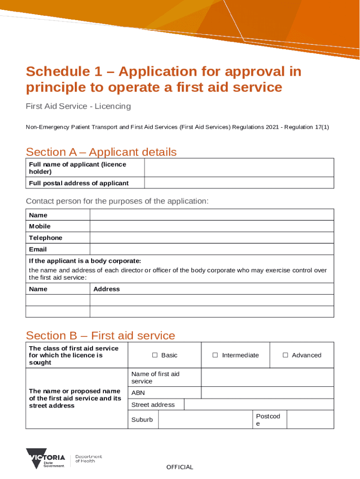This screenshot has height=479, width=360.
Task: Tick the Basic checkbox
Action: tap(155, 356)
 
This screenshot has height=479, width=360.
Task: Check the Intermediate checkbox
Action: tap(215, 356)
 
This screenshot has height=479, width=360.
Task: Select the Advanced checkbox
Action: tap(285, 356)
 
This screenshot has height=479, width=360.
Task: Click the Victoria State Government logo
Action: tap(45, 458)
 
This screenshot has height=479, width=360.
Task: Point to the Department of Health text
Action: tap(88, 458)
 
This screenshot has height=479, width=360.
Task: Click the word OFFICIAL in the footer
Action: tap(180, 467)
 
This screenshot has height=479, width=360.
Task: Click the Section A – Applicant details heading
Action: tap(101, 152)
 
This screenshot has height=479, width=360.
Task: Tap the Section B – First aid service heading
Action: tap(101, 335)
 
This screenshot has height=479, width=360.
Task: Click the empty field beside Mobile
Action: tap(211, 226)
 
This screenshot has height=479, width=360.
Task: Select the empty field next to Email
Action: tap(211, 249)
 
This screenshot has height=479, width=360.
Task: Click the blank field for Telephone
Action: tap(211, 238)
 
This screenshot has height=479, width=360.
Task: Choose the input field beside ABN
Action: tap(267, 393)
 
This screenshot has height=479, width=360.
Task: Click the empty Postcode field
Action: tap(310, 420)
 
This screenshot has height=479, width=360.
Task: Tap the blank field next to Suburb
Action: tap(205, 420)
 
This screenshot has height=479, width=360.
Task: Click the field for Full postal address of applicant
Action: tap(239, 183)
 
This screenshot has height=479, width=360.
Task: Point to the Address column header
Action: tap(107, 289)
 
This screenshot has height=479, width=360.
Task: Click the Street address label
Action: tap(153, 405)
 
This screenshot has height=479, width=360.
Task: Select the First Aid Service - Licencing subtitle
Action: tap(78, 106)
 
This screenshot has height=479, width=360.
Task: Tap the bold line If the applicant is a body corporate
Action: tap(85, 261)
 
